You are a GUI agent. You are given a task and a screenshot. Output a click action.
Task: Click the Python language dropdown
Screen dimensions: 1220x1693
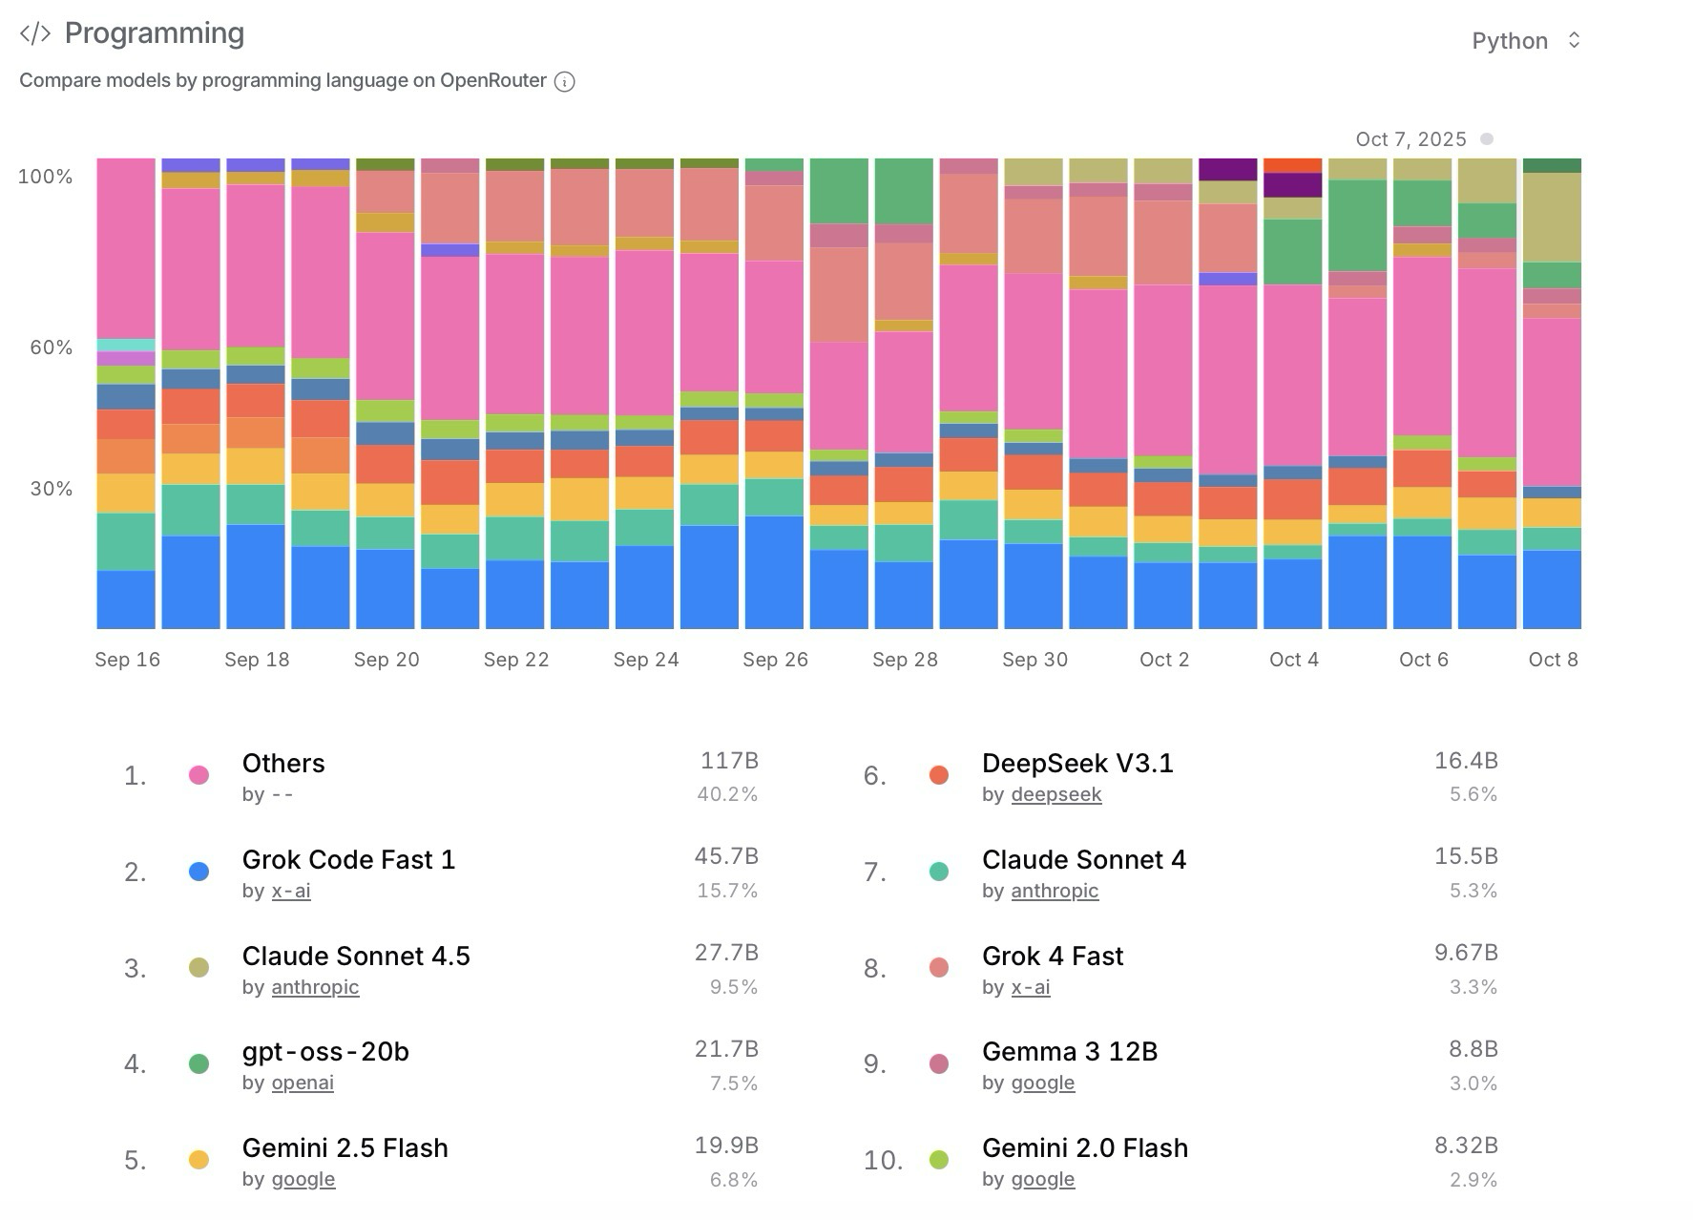coord(1526,41)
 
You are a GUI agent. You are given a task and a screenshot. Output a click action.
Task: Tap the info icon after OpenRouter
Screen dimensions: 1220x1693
coord(565,82)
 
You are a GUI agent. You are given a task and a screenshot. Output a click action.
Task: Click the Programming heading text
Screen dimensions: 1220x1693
coord(154,33)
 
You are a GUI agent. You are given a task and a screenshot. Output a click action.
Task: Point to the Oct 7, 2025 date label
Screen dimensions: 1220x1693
coord(1411,139)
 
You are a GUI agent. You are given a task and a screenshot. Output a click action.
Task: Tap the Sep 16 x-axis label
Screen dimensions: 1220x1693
coord(127,660)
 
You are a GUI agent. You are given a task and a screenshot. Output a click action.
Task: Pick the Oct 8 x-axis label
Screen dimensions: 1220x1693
coord(1553,660)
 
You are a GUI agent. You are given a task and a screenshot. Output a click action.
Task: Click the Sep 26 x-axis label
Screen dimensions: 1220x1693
coord(775,660)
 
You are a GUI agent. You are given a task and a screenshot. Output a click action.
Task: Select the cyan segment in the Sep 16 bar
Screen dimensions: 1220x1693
coord(126,346)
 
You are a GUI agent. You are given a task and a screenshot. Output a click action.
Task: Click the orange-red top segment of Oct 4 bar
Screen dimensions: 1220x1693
coord(1292,165)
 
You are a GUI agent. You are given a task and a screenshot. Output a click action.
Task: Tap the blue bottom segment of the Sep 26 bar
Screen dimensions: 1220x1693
coord(774,572)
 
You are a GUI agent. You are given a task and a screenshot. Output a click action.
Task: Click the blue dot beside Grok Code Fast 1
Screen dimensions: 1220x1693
coord(199,872)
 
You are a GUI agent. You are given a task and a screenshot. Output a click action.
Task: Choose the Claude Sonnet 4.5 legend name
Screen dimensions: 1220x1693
coord(356,956)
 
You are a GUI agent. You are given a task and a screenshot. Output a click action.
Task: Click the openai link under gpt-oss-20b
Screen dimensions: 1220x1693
coord(303,1083)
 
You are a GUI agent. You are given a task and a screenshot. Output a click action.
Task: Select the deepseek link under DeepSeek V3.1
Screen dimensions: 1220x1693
coord(1056,795)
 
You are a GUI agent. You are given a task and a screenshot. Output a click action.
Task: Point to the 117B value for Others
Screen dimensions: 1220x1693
coord(729,761)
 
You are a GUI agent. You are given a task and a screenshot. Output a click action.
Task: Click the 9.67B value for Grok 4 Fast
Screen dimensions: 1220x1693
coord(1466,953)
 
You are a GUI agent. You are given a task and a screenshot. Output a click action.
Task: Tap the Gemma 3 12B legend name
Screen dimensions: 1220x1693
coord(1069,1052)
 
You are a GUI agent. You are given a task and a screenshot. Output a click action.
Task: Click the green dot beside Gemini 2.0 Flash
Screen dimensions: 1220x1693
coord(939,1161)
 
